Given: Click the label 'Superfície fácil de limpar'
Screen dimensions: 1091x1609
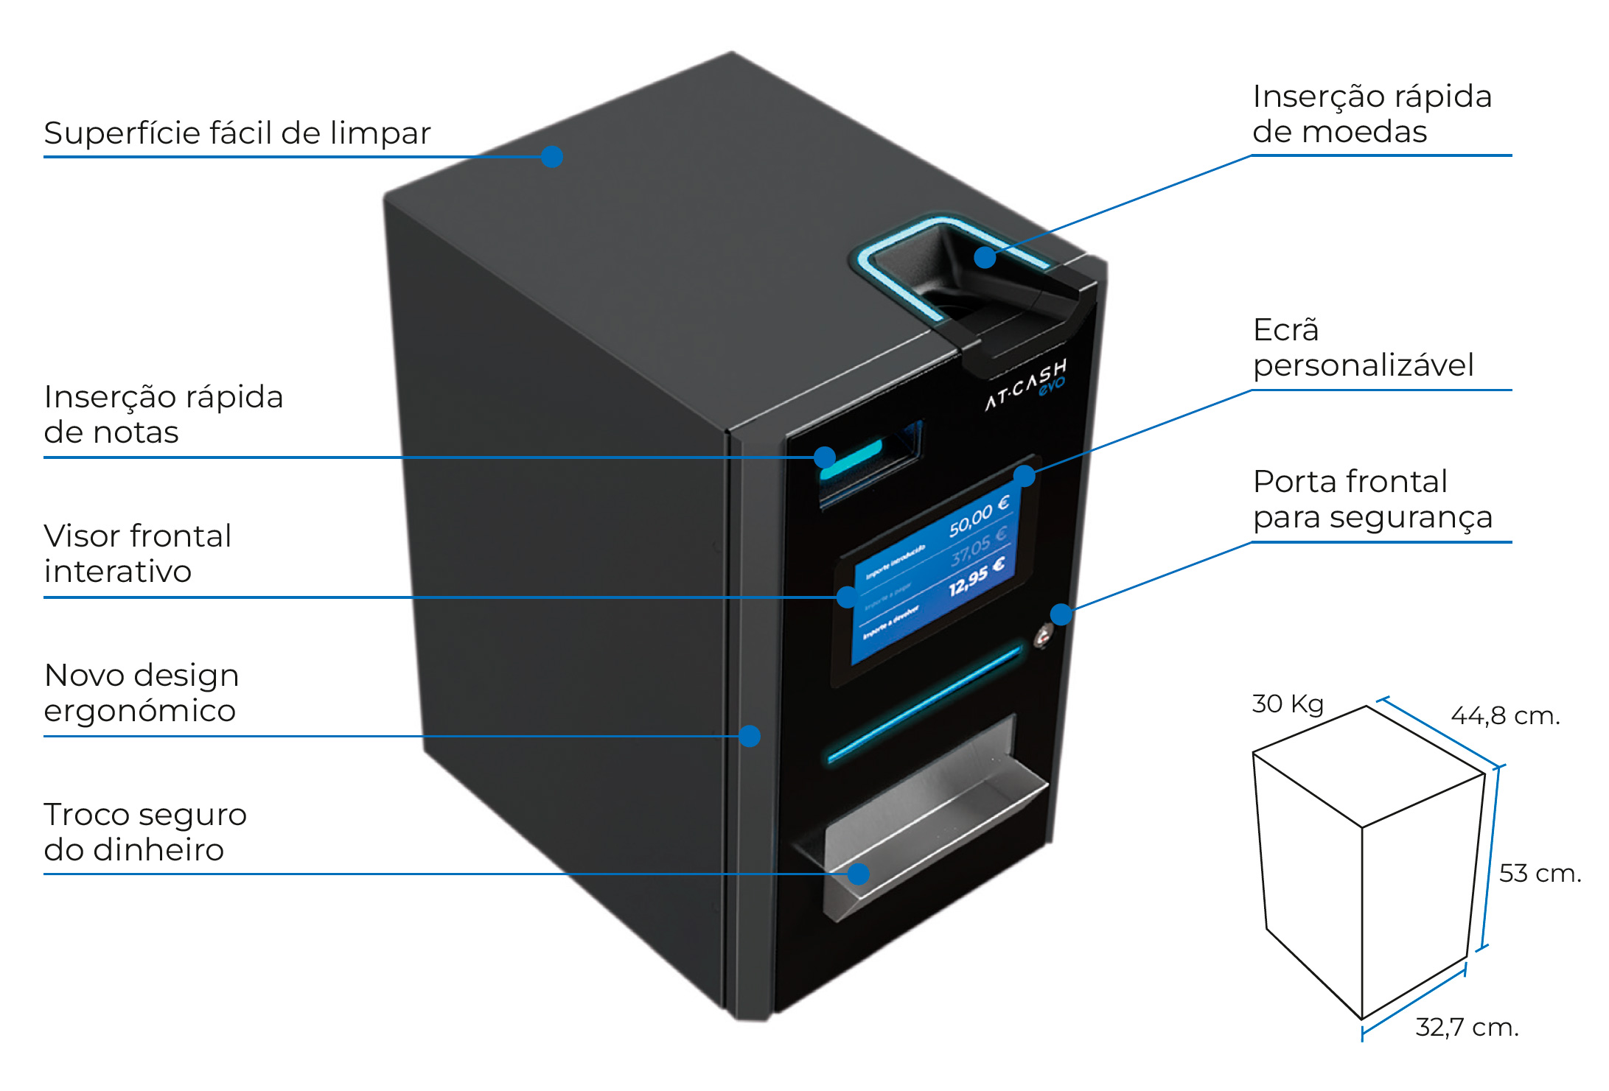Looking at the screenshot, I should [x=237, y=134].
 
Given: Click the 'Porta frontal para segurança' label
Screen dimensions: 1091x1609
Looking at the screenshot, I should [x=1372, y=499].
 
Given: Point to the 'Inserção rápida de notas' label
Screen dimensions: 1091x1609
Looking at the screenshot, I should [x=163, y=414].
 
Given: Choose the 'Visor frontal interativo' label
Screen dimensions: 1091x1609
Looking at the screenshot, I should [x=137, y=553].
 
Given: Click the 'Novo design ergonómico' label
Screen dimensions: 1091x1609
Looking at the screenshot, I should [x=141, y=692].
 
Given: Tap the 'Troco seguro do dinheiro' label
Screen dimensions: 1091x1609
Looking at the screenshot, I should [x=144, y=832].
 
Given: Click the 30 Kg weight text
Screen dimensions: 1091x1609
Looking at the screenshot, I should [x=1287, y=704].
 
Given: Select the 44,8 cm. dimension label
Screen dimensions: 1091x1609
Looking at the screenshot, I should [x=1504, y=715].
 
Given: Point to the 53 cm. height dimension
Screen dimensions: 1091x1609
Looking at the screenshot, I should [x=1539, y=873].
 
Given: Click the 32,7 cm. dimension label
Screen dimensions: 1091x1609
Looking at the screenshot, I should [x=1467, y=1027].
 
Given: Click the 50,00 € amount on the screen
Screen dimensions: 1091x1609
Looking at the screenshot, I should [x=978, y=516].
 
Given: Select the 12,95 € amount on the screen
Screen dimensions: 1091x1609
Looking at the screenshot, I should [x=976, y=576].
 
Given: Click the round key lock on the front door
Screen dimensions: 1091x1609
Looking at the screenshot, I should [x=1043, y=635].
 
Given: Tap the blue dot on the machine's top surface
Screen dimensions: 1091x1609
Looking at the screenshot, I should [x=551, y=156].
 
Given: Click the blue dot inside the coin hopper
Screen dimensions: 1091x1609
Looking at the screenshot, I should [x=985, y=257].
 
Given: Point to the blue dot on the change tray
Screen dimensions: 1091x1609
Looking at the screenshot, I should [x=857, y=874].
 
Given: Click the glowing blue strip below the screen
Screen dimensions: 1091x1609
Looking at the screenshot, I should [x=925, y=704].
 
